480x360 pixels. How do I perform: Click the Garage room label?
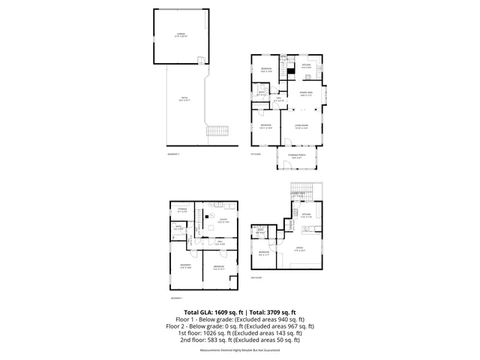tap(181, 34)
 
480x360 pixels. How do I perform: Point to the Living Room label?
tap(300, 125)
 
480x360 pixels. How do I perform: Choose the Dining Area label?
tap(306, 94)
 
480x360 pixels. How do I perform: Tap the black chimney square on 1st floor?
tap(292, 73)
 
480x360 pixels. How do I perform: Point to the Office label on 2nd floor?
tap(299, 248)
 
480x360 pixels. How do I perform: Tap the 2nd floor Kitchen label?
tap(306, 216)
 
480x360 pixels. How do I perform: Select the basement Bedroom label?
tap(219, 267)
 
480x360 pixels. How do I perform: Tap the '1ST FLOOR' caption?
tap(255, 154)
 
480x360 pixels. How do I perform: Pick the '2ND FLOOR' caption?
tap(256, 277)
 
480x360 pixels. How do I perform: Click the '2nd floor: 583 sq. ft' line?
tap(240, 340)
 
